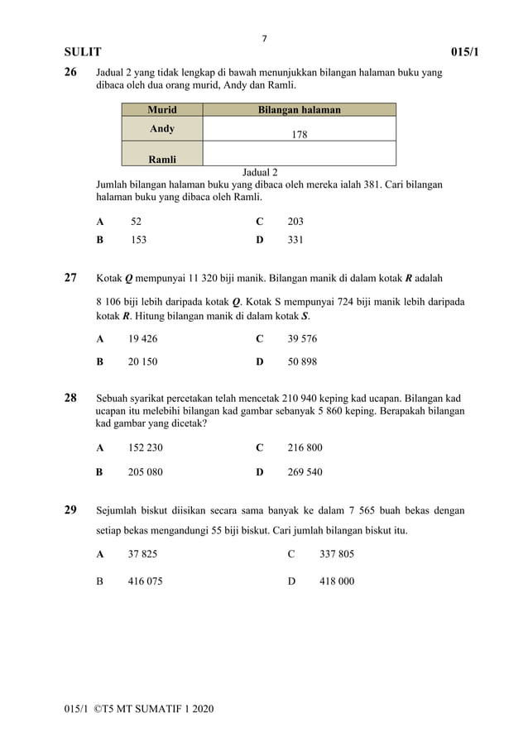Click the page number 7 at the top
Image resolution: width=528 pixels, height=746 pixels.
point(264,38)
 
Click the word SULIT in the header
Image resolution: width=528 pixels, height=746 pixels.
point(83,53)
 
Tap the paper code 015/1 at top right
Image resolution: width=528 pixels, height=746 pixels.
point(465,53)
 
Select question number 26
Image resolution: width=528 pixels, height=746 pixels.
point(72,73)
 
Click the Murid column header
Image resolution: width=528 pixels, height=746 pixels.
point(161,109)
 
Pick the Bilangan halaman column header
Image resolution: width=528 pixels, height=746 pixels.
point(299,109)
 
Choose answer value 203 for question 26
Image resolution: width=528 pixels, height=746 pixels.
point(295,222)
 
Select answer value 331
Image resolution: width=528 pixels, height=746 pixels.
point(295,240)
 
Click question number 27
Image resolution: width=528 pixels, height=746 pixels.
point(72,278)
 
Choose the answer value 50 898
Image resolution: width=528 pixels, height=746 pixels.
point(302,361)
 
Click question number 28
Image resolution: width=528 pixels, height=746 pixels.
point(72,399)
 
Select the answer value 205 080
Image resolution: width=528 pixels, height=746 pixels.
point(146,472)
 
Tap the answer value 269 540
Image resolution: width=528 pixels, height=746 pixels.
point(305,472)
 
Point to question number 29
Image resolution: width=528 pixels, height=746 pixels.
point(72,509)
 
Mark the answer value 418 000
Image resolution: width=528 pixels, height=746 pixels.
point(337,581)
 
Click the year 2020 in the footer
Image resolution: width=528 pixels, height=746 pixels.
point(201,710)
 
